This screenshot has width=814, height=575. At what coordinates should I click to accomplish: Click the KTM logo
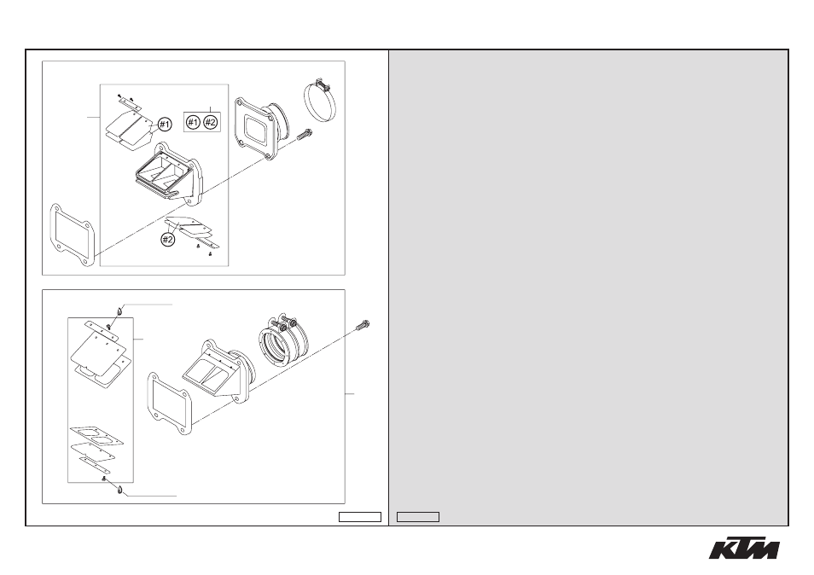pos(744,549)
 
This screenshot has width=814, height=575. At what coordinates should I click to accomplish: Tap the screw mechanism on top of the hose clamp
pos(322,82)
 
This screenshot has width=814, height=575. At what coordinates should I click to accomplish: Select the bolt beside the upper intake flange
pos(305,134)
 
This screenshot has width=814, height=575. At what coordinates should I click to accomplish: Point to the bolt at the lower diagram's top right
pos(363,326)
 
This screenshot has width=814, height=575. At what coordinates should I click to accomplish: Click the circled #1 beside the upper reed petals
pos(165,125)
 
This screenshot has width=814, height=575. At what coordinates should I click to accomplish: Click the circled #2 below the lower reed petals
pos(168,240)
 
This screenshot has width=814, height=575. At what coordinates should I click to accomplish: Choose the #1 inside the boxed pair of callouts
pos(193,123)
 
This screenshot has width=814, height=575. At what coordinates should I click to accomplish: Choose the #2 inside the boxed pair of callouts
pos(210,123)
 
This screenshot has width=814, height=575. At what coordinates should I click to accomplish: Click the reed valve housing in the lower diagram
pos(219,369)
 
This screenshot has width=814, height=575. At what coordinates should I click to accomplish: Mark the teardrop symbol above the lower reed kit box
pos(119,311)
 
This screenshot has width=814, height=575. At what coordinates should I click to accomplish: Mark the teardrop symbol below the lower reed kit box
pos(120,490)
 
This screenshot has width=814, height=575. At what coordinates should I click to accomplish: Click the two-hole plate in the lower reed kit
pos(96,436)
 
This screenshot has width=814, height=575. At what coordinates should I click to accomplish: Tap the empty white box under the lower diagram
pos(360,517)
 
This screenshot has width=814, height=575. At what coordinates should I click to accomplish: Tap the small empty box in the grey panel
pos(418,517)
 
